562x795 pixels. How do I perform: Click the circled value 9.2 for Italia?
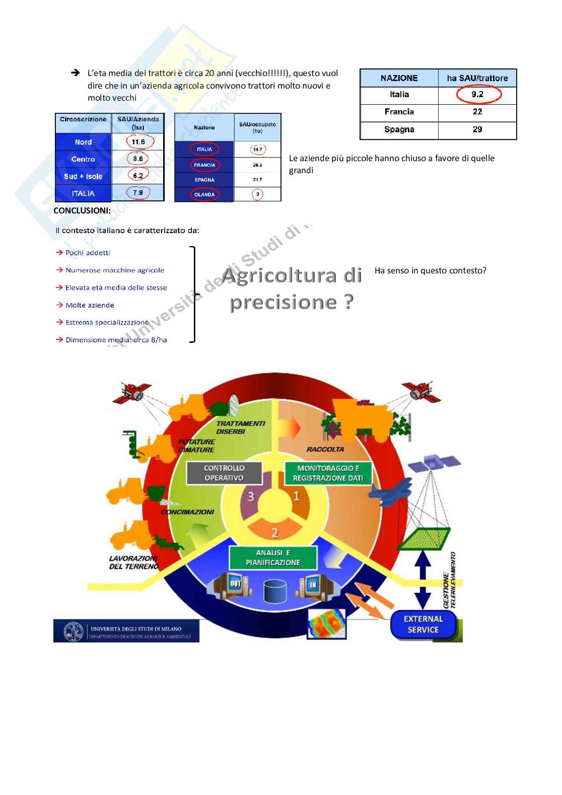[x=477, y=94]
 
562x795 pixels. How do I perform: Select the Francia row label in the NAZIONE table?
[x=399, y=112]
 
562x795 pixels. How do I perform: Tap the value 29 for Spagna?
[x=477, y=129]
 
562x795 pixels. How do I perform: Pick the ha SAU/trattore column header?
[x=477, y=78]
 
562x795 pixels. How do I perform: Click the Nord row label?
[x=83, y=142]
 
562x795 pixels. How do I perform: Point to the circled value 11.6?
[x=138, y=142]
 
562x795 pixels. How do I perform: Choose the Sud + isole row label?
[x=83, y=176]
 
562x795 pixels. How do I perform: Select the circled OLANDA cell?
[x=204, y=194]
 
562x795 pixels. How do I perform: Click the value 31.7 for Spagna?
[x=257, y=180]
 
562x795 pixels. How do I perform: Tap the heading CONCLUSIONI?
[x=82, y=210]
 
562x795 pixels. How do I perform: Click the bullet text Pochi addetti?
[x=88, y=253]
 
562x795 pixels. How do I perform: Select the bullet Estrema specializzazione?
[x=107, y=322]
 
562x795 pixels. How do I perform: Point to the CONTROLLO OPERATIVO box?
[x=224, y=473]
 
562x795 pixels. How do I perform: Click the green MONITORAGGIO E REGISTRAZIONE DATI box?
[x=328, y=473]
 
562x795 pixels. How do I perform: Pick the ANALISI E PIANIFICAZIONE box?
[x=273, y=557]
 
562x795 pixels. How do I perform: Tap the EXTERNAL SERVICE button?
[x=423, y=624]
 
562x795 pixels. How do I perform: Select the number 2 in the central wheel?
[x=275, y=532]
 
